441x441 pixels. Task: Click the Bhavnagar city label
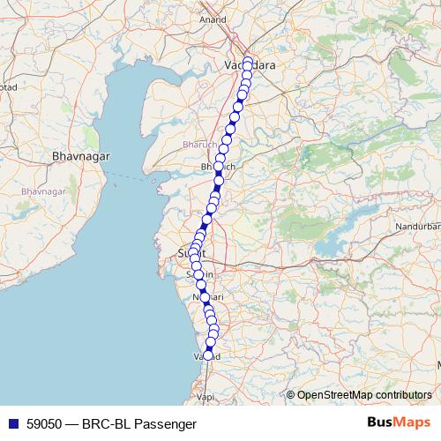coord(80,155)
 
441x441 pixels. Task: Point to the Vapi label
coord(206,398)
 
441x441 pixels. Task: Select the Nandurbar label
coord(418,227)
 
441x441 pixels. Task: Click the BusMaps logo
coord(399,423)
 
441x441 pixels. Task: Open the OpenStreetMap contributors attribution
coord(364,394)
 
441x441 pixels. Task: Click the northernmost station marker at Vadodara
coord(248,62)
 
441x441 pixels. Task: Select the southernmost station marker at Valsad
coord(208,355)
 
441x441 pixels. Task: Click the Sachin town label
coord(196,274)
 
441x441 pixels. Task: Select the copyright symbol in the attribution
coord(290,395)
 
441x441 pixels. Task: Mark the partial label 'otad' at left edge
coord(7,88)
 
